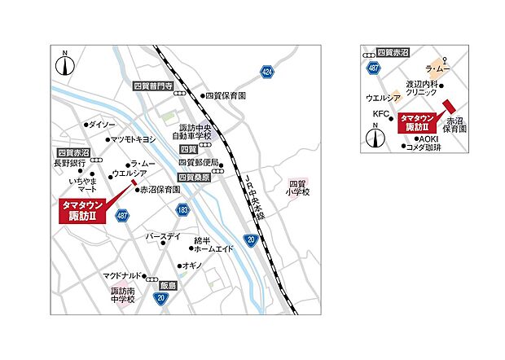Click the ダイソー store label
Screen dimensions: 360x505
(103, 125)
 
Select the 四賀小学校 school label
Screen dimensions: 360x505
(301, 189)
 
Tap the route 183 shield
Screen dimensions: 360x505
(182, 211)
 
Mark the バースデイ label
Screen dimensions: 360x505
(163, 236)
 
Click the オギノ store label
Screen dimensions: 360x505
(191, 266)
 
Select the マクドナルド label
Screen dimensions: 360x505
(123, 276)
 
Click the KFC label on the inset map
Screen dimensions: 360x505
(381, 113)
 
